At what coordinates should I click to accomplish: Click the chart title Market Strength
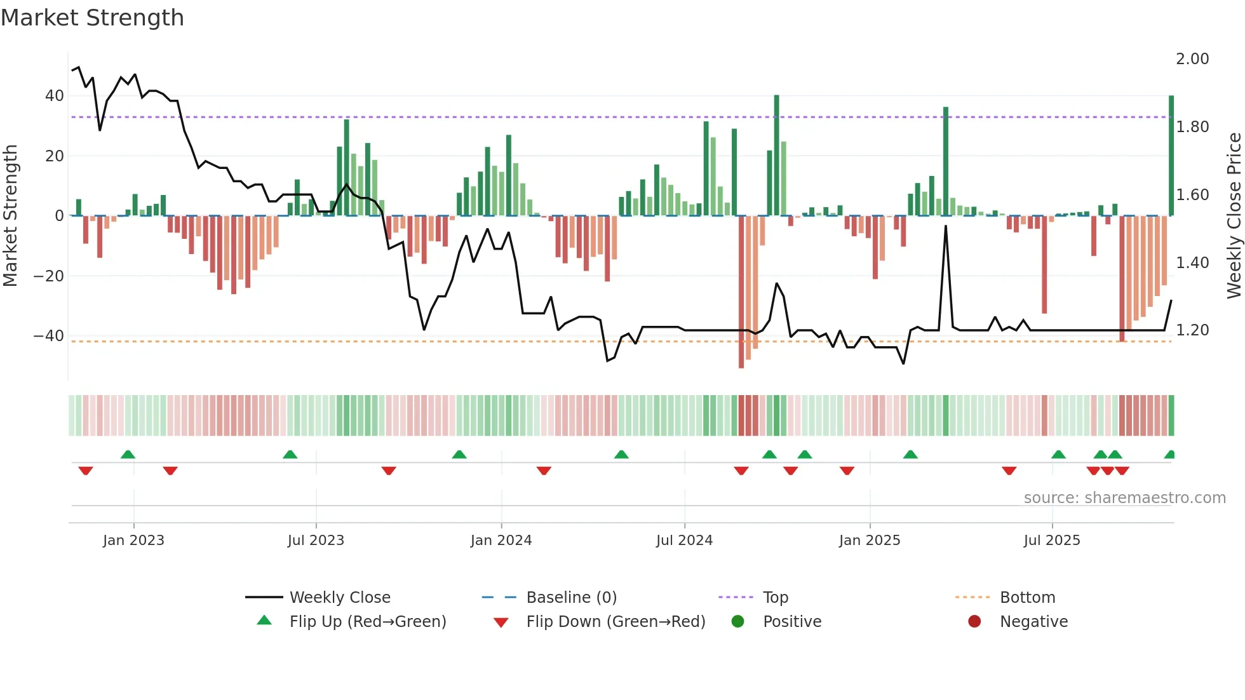coord(93,18)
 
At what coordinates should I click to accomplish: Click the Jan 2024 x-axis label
coord(501,541)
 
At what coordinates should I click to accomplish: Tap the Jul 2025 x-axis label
coord(1051,541)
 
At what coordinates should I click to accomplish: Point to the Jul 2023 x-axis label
coord(316,541)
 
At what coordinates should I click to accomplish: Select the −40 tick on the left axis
coord(49,335)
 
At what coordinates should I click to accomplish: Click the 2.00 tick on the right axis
coord(1192,59)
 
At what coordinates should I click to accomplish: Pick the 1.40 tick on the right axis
coord(1192,262)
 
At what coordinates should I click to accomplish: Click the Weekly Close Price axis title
coord(1234,216)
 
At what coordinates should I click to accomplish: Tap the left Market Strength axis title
coord(11,216)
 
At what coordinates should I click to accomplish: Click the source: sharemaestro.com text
coord(1124,498)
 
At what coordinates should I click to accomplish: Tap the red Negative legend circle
coord(974,622)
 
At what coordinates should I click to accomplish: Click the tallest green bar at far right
coord(1171,156)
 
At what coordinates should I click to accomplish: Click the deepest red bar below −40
coord(741,292)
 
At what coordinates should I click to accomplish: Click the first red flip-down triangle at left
coord(86,471)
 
